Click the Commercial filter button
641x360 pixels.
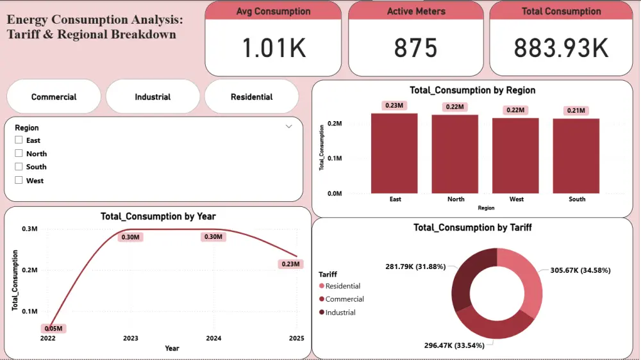[x=54, y=97]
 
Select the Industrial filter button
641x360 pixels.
[x=153, y=97]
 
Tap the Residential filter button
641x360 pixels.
[x=251, y=97]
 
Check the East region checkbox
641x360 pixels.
[x=19, y=140]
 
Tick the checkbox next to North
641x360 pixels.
[x=19, y=154]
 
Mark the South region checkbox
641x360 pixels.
[x=19, y=167]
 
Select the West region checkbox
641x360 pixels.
[x=19, y=181]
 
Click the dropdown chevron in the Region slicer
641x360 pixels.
[x=288, y=127]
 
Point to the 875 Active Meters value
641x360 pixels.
[x=415, y=49]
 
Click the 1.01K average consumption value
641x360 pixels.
[x=273, y=49]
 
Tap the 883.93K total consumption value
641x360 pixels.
[x=561, y=49]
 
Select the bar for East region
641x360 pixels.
[x=394, y=153]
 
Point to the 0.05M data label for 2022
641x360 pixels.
[x=54, y=329]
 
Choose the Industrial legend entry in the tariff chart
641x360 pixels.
[x=339, y=313]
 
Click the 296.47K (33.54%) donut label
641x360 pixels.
[x=454, y=345]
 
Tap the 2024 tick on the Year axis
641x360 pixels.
[x=213, y=338]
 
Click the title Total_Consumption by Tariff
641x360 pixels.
[x=472, y=227]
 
